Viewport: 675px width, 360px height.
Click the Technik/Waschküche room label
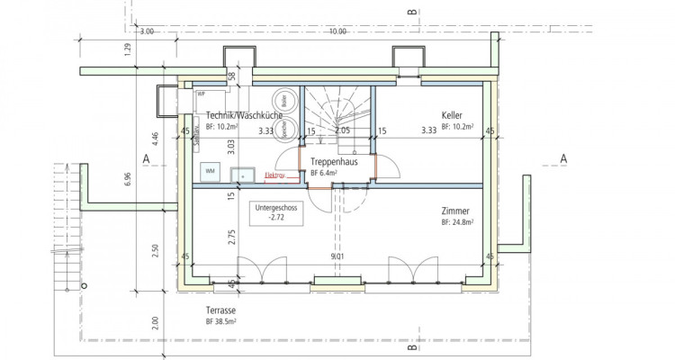244,115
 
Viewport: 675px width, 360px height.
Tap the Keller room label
452,115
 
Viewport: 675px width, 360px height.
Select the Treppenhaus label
334,162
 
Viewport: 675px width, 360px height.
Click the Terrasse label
220,310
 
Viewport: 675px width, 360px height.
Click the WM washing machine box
211,170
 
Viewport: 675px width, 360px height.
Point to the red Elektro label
274,175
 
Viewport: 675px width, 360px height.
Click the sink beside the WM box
242,175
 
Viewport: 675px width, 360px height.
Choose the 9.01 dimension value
337,256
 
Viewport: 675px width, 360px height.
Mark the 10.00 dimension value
337,31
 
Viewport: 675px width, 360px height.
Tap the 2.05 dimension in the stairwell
342,131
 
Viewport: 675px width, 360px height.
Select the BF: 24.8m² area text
457,221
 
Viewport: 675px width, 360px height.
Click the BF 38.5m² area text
220,321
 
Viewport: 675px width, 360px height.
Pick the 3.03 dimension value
231,148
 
